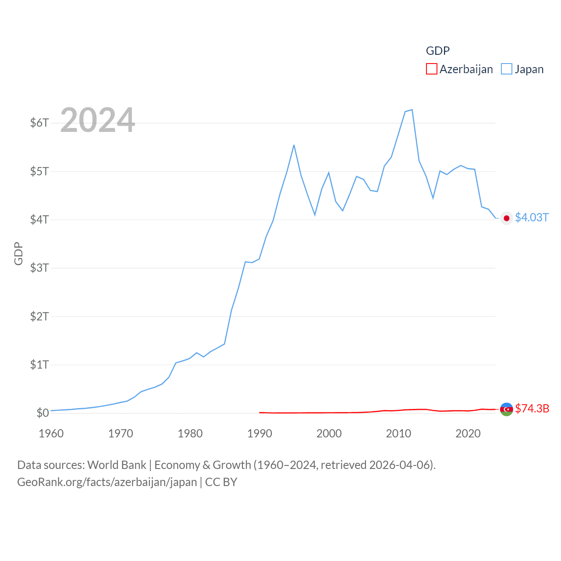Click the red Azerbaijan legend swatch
click(x=431, y=69)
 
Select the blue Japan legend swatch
click(x=506, y=69)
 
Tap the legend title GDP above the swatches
click(x=437, y=51)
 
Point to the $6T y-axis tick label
click(x=39, y=123)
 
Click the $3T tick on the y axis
click(x=39, y=268)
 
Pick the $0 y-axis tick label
click(x=43, y=413)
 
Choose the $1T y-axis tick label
click(x=39, y=365)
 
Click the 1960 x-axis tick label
click(x=51, y=433)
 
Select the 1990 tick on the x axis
click(x=259, y=433)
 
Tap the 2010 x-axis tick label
click(x=398, y=433)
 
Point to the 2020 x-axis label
click(x=468, y=433)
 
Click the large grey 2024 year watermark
click(x=97, y=120)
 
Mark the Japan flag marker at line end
click(x=507, y=218)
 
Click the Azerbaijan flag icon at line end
click(x=507, y=409)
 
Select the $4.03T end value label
click(x=532, y=218)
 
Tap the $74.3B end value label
click(x=532, y=408)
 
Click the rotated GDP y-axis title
click(x=18, y=253)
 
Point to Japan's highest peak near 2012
click(x=412, y=110)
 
